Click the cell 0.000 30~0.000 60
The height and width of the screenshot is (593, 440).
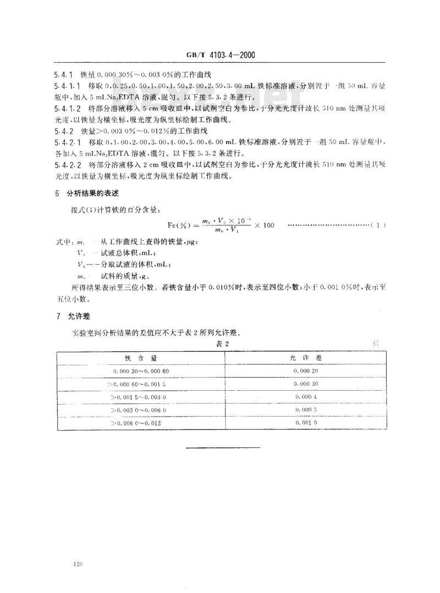coord(141,370)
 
